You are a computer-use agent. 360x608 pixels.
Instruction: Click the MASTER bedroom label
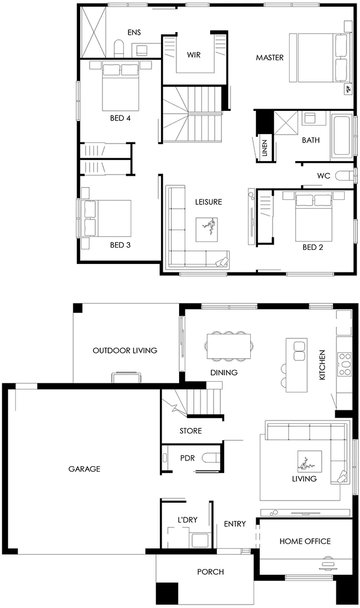[270, 57]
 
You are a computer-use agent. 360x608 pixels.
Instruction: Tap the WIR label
[194, 55]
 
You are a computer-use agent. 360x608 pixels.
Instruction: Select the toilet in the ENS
[119, 49]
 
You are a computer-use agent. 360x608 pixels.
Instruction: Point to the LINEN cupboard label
[265, 147]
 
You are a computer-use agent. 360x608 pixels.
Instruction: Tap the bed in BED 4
[121, 87]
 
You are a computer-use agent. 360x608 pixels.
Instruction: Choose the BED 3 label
[120, 245]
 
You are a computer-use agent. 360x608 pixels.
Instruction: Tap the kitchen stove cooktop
[344, 364]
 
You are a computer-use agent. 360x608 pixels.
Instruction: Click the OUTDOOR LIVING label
[125, 350]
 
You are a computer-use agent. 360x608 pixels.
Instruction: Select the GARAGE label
[84, 469]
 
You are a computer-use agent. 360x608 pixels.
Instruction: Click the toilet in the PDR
[211, 458]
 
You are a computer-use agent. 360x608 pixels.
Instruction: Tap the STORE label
[190, 431]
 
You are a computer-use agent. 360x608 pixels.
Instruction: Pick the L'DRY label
[188, 520]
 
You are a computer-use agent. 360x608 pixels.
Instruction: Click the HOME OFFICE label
[305, 541]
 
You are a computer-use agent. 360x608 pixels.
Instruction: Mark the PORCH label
[210, 571]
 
